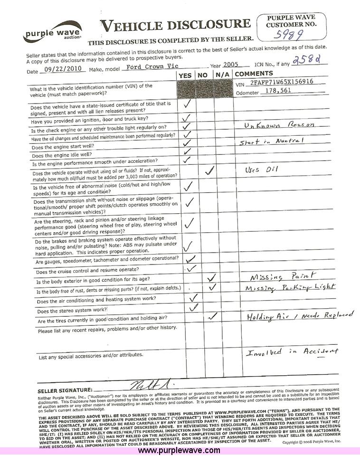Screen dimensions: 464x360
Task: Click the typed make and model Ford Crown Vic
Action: [152, 67]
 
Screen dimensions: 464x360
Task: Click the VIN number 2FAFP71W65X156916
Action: [282, 82]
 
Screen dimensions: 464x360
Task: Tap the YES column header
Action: [186, 75]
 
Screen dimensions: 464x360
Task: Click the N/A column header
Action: [222, 75]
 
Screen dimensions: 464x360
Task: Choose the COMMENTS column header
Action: [254, 74]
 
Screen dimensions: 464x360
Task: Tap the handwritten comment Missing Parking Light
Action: [289, 288]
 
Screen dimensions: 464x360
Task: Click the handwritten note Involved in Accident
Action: [293, 351]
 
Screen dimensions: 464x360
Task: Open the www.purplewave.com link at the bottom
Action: [179, 450]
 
